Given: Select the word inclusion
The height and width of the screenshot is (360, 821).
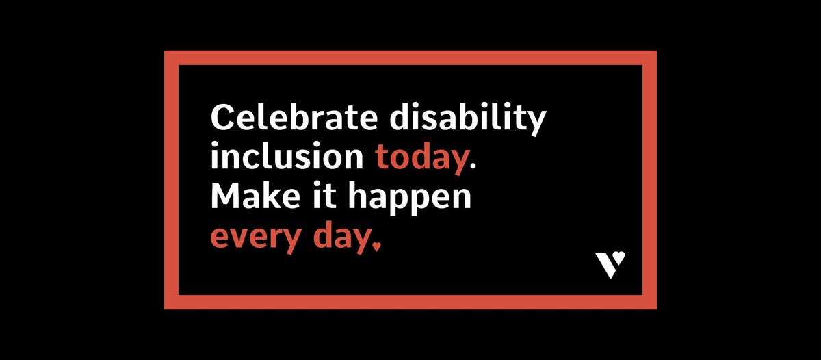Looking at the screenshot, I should (287, 157).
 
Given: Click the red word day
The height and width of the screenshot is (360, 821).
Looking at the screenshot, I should (339, 237).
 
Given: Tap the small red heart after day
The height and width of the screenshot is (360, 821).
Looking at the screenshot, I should (375, 246).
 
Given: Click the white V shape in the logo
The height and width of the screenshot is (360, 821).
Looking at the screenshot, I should (605, 266).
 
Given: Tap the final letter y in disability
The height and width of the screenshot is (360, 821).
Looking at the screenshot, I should (536, 123).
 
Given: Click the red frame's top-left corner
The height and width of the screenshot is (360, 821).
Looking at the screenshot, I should (171, 57).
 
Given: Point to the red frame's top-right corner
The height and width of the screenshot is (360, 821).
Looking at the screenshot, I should (650, 57).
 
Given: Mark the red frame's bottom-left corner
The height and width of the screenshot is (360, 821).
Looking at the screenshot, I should (171, 302).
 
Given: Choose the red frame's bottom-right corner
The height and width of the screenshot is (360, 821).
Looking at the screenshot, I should (650, 302).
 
